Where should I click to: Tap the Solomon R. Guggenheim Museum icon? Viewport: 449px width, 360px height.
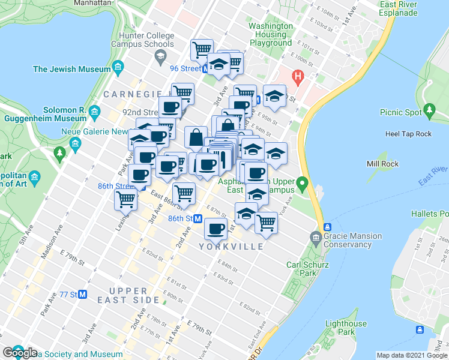click(x=94, y=112)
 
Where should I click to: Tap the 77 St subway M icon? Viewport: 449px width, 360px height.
click(x=83, y=295)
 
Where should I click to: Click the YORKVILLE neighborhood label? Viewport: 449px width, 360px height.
click(x=235, y=247)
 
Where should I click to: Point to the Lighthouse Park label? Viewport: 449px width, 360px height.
click(x=346, y=328)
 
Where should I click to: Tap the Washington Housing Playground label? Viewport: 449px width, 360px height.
click(x=271, y=34)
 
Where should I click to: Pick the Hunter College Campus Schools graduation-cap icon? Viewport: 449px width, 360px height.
click(x=160, y=58)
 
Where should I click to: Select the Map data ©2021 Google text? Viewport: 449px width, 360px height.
click(x=411, y=355)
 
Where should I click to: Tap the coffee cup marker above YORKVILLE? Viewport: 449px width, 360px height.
click(x=215, y=228)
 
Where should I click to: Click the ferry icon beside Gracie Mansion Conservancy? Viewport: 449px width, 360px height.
click(x=328, y=227)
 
